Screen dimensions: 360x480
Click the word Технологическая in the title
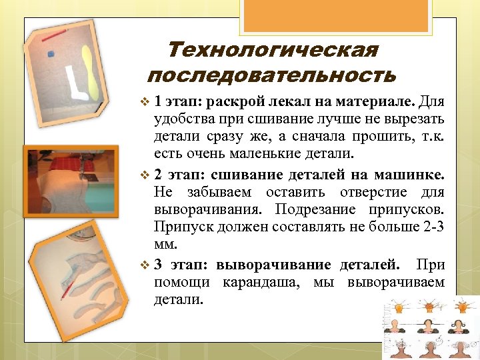click(x=273, y=51)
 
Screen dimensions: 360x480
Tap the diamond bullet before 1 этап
click(x=147, y=103)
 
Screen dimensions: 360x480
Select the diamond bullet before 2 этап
click(x=147, y=176)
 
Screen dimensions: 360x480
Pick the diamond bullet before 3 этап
click(x=147, y=264)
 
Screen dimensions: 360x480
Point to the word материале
click(x=380, y=103)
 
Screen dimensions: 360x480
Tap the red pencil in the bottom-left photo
click(x=67, y=289)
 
